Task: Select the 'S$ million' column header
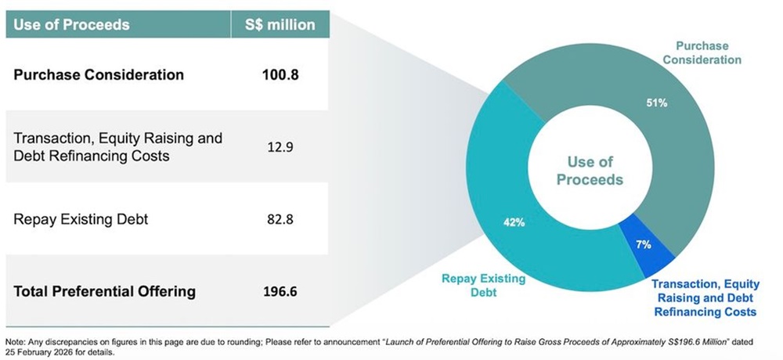(280, 24)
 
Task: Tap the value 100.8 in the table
(280, 75)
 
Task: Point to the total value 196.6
(280, 292)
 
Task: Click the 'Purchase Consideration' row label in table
(99, 75)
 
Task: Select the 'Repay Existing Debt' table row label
(81, 219)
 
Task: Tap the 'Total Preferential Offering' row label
(105, 292)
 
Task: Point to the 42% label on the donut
(514, 222)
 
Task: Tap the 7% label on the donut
(643, 244)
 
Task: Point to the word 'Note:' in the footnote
(15, 342)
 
